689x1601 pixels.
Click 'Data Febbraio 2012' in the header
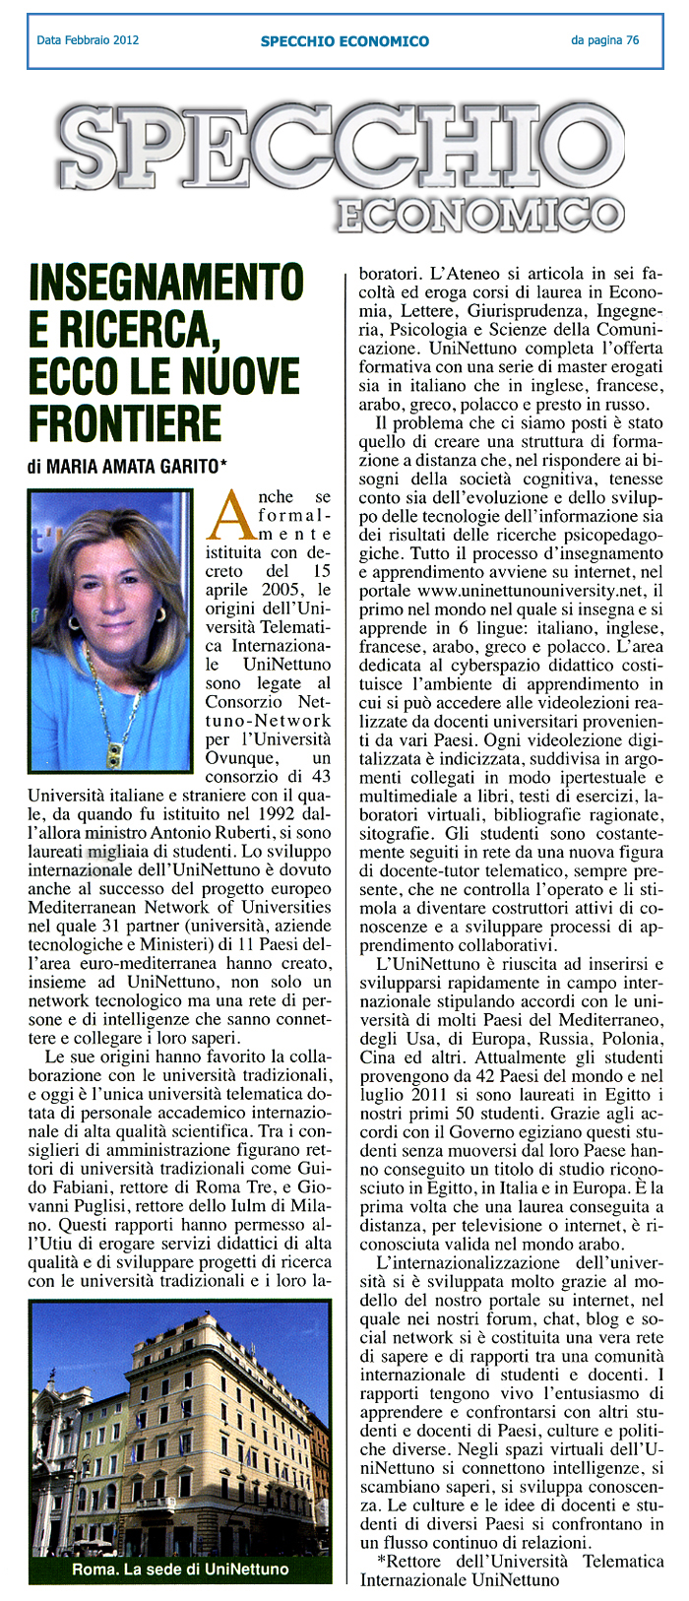coord(88,40)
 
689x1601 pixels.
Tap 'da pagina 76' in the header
coord(604,40)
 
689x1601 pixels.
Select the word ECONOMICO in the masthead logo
coord(479,215)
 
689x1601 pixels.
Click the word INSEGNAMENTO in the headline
coord(165,283)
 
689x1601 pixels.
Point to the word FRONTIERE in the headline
coord(125,423)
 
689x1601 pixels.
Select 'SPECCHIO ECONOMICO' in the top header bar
coord(344,41)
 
